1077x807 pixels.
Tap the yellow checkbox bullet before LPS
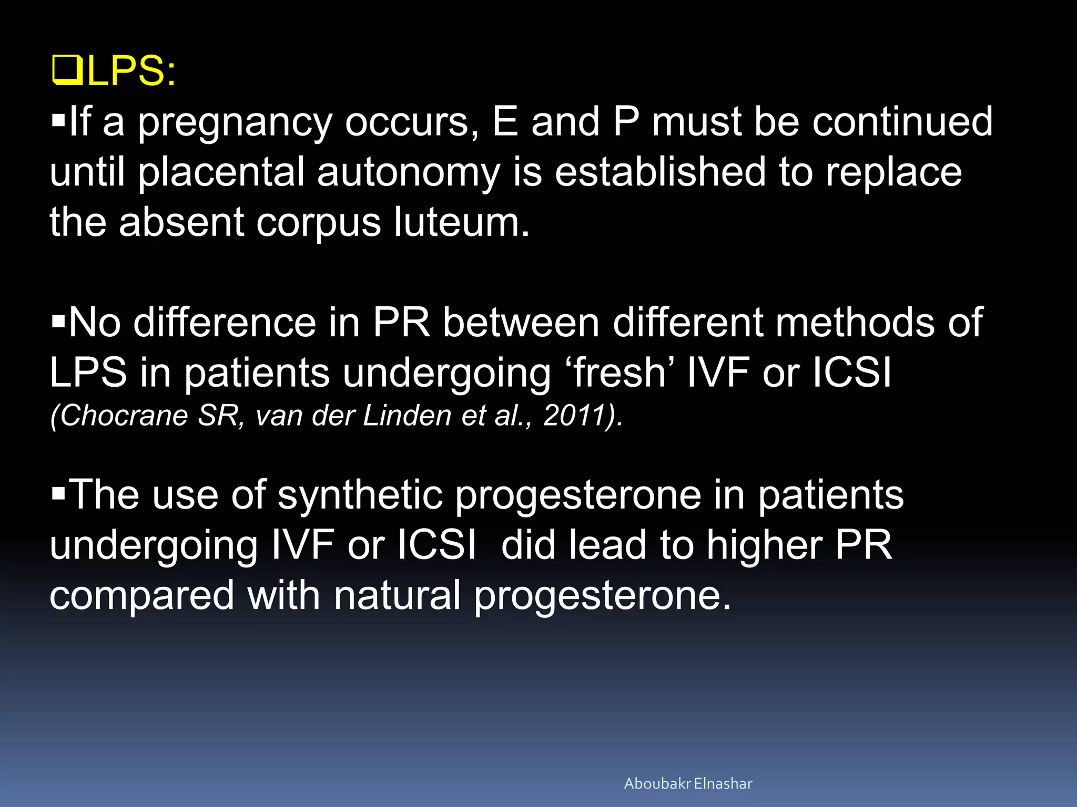[x=67, y=72]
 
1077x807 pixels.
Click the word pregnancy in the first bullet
[x=235, y=122]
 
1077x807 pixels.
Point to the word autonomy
[x=408, y=173]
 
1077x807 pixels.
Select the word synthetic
[x=360, y=495]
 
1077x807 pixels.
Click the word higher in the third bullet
[x=764, y=546]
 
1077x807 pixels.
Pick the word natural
[x=397, y=595]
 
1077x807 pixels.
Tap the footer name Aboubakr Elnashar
[x=688, y=783]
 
